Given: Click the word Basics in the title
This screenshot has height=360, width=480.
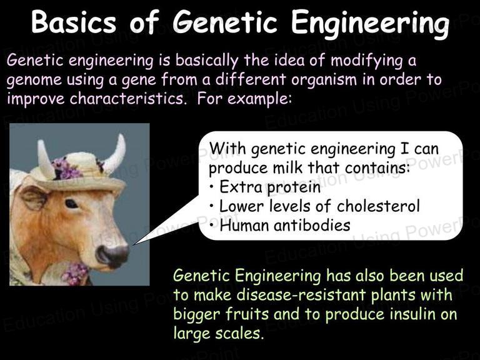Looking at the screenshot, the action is click(74, 22).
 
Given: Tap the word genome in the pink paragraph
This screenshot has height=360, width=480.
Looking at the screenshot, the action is click(34, 81).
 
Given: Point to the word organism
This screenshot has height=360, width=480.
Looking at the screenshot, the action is click(324, 80).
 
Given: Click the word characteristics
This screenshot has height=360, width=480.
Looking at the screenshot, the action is click(128, 99).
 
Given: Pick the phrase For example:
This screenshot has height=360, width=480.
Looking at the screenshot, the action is click(244, 99).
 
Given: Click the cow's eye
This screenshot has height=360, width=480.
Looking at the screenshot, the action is click(71, 204).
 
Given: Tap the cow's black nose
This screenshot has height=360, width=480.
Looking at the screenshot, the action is click(112, 256).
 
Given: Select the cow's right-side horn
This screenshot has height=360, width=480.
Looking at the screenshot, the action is click(115, 154).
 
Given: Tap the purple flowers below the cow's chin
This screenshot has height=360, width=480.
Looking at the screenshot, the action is click(75, 273).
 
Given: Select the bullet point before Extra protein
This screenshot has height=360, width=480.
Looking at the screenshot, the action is click(212, 186).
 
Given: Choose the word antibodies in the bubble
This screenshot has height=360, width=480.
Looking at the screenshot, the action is click(312, 225).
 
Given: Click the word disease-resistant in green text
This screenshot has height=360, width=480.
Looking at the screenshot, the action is click(301, 295).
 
